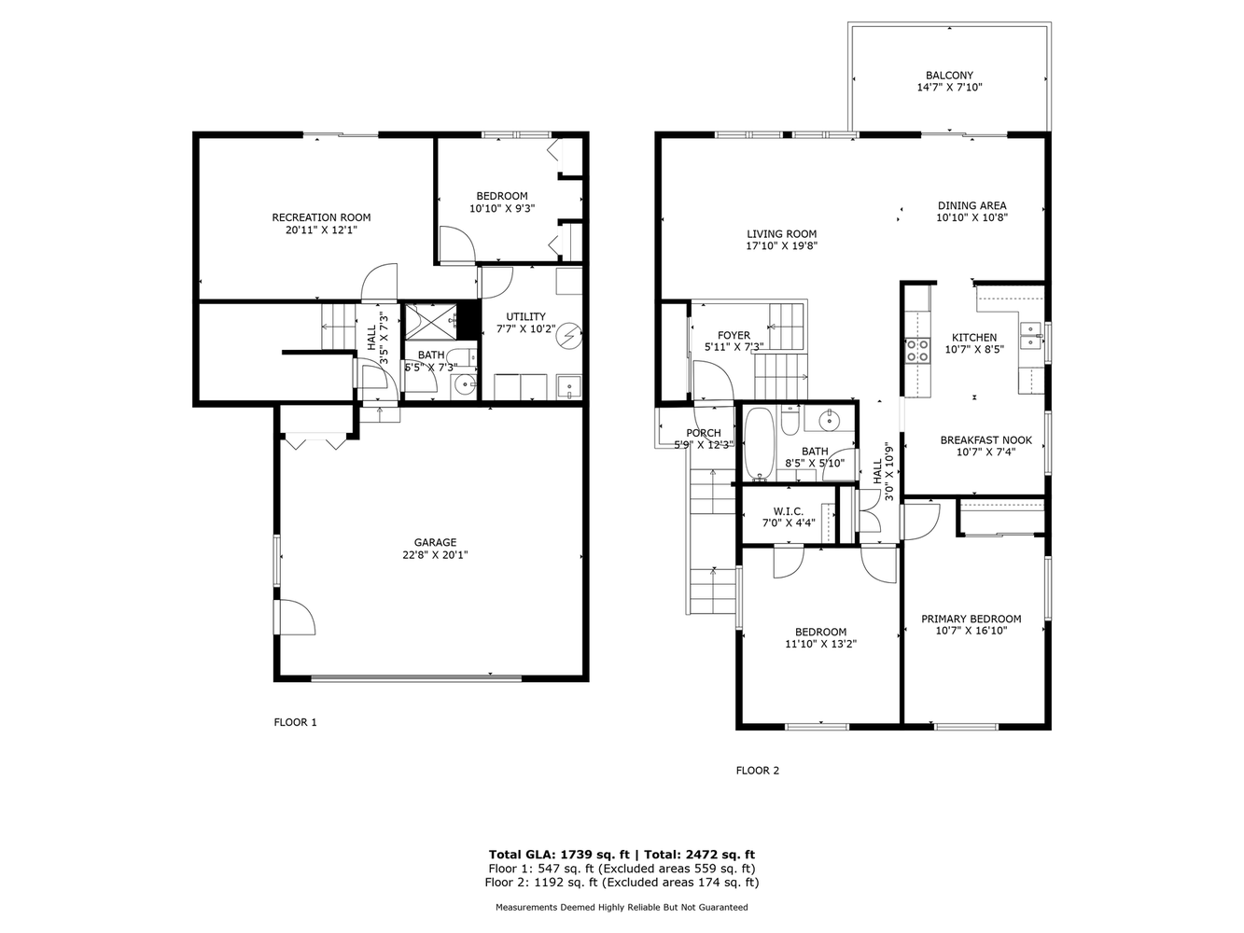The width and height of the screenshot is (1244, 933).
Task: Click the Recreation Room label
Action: pos(321,217)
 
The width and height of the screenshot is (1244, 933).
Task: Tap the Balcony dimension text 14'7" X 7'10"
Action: pos(949,88)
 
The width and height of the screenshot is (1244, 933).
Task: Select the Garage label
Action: pos(435,542)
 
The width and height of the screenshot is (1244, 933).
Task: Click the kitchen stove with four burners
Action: pos(916,350)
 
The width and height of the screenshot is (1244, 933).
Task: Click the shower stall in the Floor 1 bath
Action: pos(430,322)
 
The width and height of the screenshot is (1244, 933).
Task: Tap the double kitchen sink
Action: pos(1030,336)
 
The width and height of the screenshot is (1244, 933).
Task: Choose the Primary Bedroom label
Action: pos(971,620)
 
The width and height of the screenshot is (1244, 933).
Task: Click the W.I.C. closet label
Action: pos(789,511)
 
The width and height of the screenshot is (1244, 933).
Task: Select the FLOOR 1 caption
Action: pos(295,722)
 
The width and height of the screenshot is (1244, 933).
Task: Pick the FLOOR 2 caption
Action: pos(757,771)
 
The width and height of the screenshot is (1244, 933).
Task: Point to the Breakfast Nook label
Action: pos(985,440)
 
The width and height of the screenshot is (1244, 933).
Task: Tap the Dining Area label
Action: pos(972,205)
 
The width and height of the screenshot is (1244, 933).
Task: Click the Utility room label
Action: pos(525,316)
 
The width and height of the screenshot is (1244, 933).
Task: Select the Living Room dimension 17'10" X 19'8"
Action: pos(781,246)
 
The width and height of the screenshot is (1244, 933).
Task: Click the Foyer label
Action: pos(734,335)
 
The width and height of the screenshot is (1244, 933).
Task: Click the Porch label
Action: pos(704,433)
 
